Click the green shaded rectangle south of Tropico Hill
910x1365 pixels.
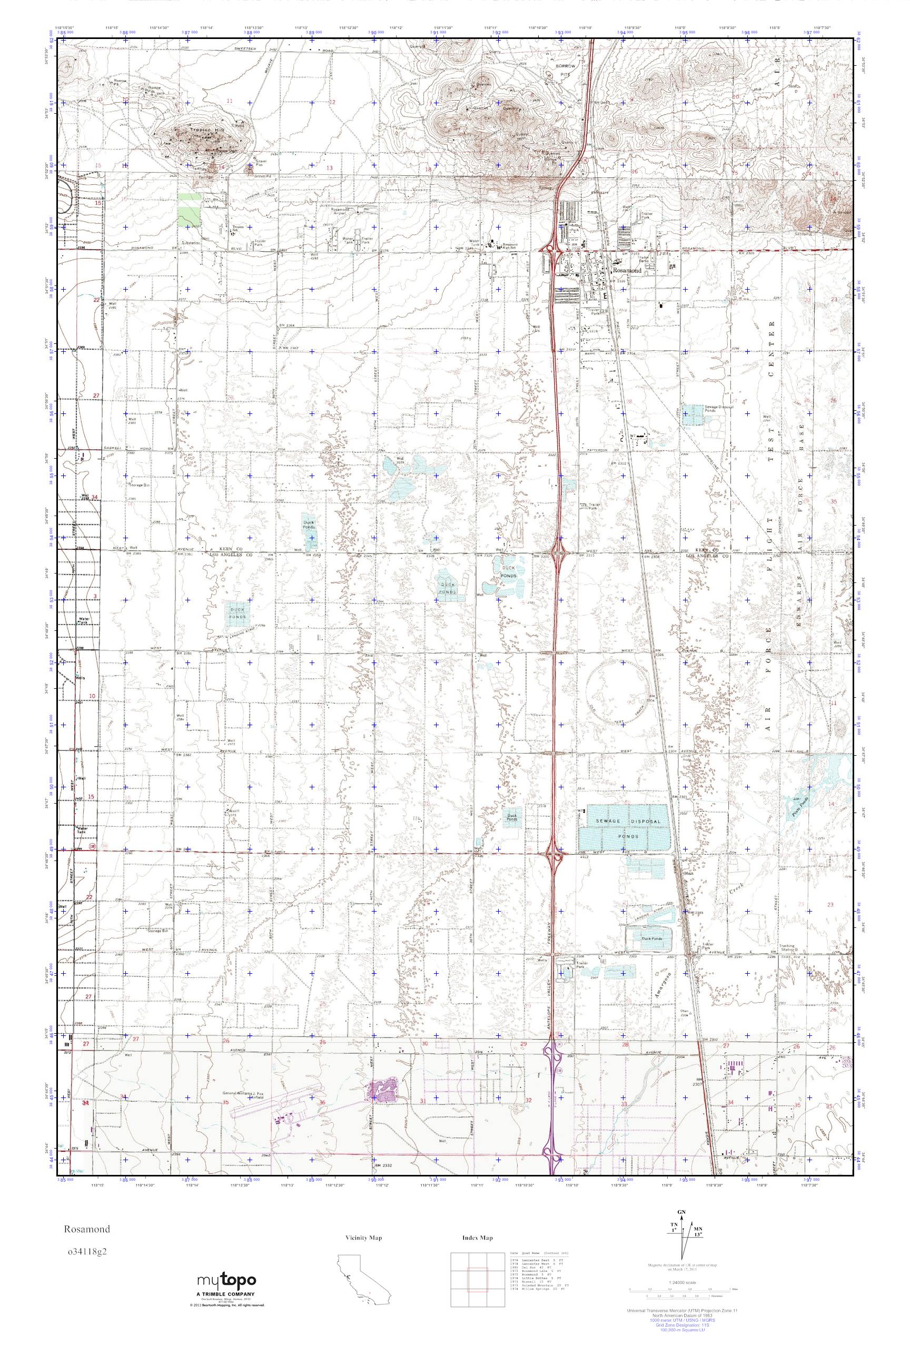coord(189,210)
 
